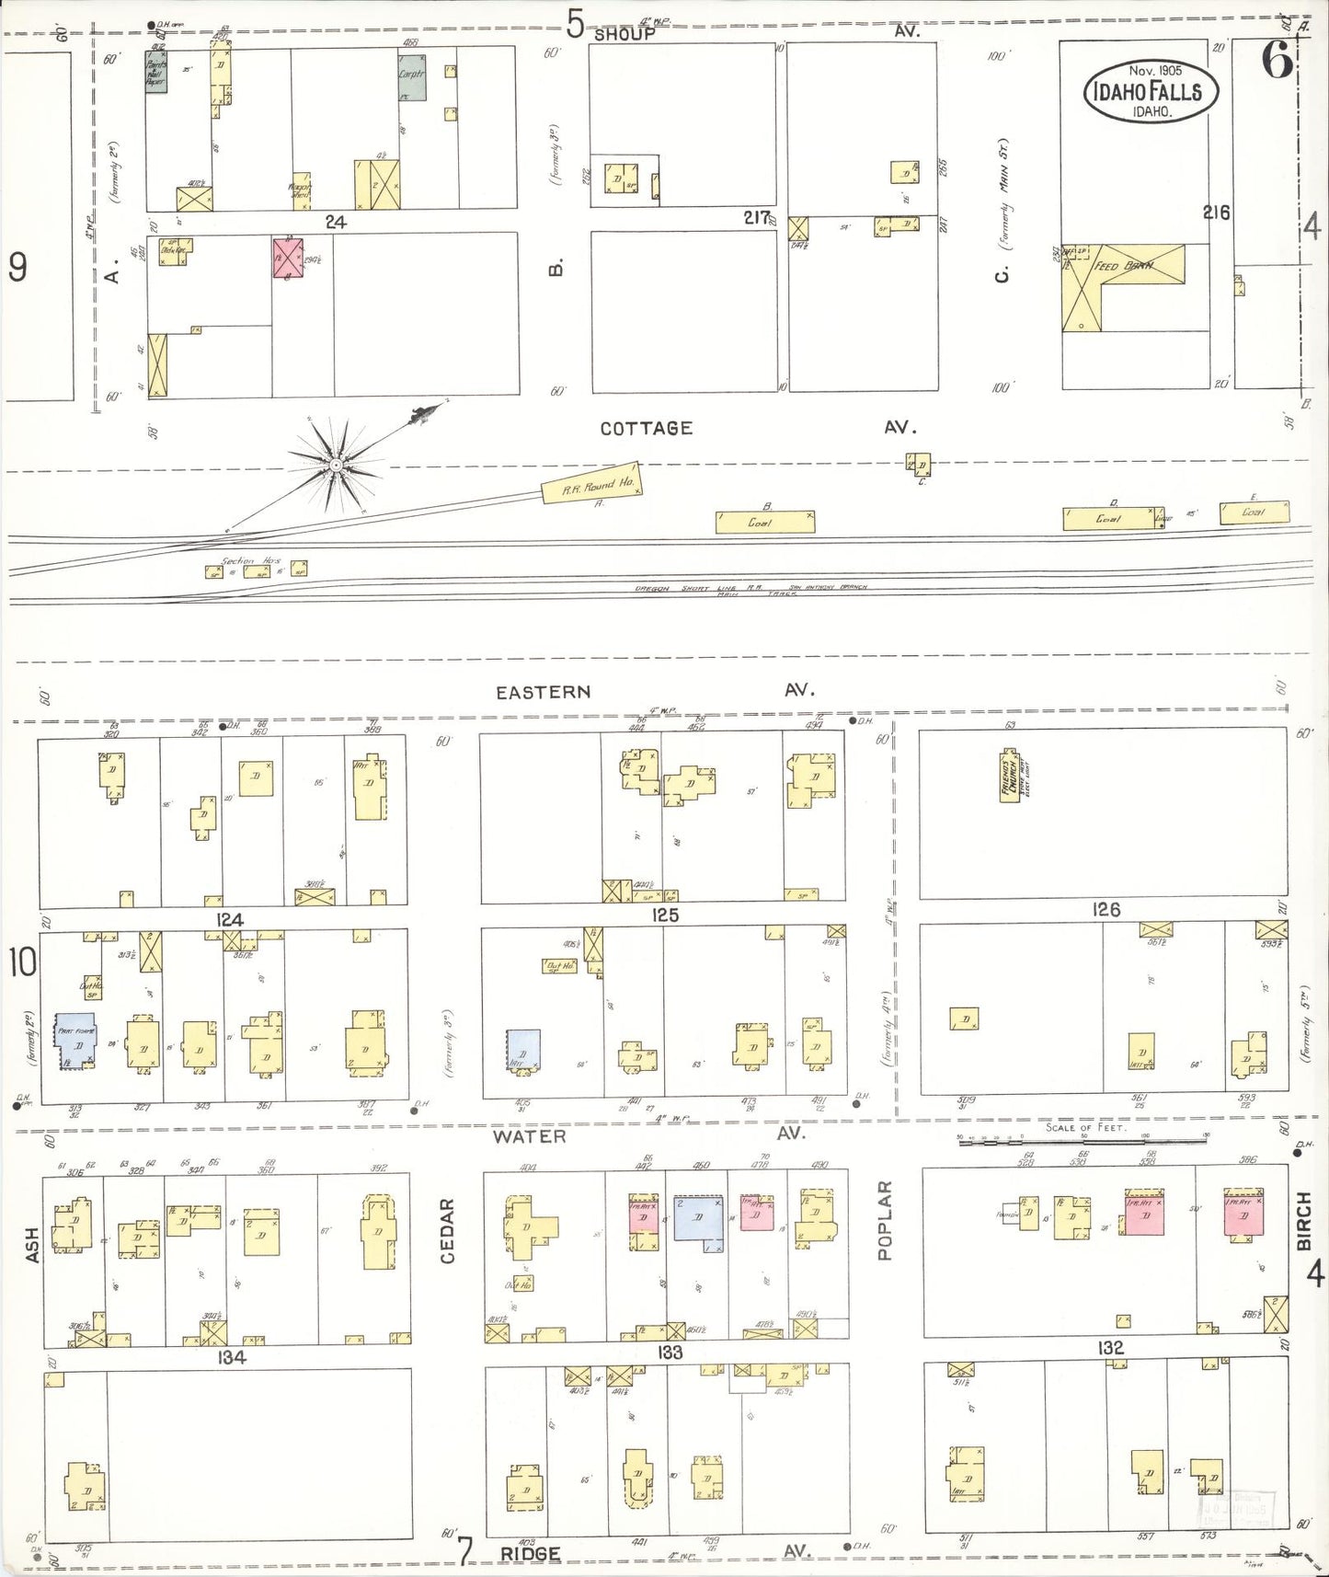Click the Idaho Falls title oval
tap(1151, 91)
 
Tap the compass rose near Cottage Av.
tap(337, 466)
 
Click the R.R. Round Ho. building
tap(589, 483)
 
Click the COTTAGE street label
tap(646, 428)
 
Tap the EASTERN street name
tap(543, 692)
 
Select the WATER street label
tap(529, 1136)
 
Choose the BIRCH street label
tap(1303, 1221)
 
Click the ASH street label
tap(33, 1245)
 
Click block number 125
tap(664, 915)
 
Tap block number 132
tap(1110, 1348)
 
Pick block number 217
tap(757, 217)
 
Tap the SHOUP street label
tap(624, 34)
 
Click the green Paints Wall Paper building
tap(155, 71)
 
